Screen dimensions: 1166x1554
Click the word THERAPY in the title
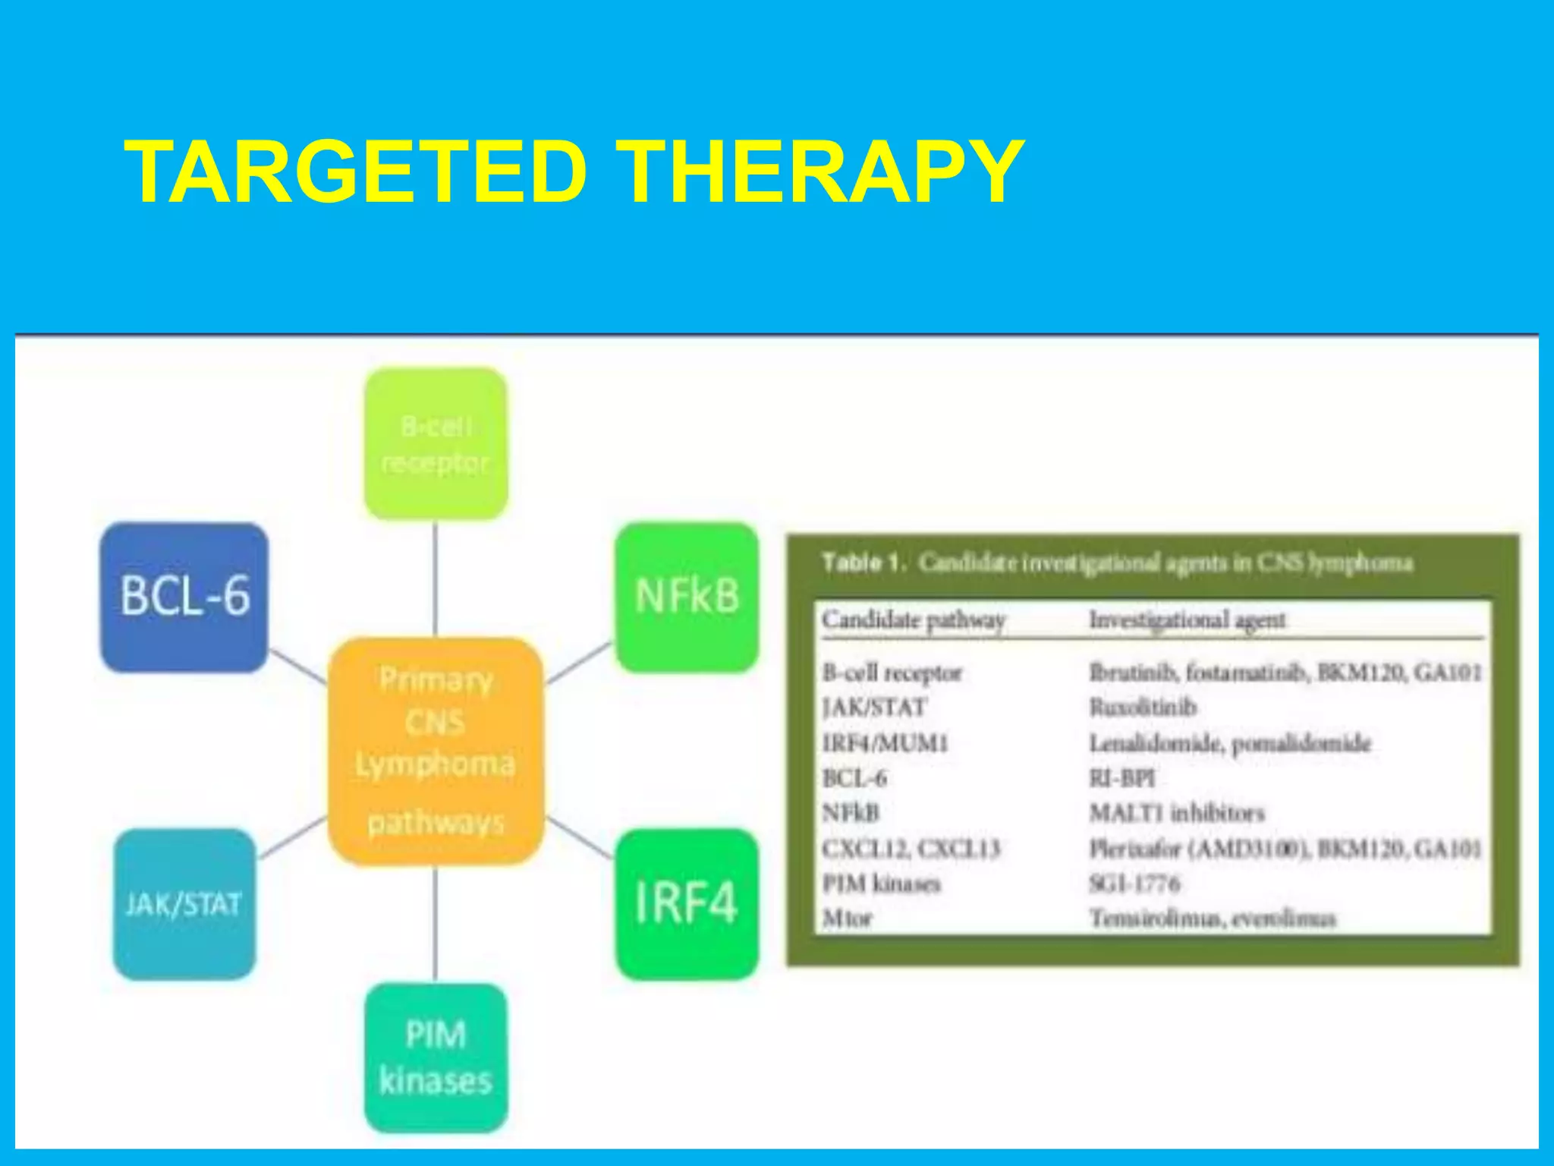(819, 172)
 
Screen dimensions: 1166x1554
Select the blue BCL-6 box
(184, 597)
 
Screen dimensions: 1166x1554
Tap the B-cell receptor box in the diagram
(436, 444)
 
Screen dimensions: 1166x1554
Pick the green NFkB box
(687, 597)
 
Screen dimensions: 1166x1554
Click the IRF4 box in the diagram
(687, 903)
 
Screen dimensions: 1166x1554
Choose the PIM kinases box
(436, 1057)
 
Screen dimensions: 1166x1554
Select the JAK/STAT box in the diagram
(184, 903)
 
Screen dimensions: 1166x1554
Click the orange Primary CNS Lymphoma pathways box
(436, 751)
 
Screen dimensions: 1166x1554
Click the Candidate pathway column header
(914, 620)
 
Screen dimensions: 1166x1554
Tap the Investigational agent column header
(1188, 620)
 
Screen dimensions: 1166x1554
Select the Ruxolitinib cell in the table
(1143, 707)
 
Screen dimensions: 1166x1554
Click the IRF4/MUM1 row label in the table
(886, 743)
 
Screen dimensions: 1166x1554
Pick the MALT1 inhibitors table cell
(1177, 813)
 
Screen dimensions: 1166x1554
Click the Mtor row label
(848, 919)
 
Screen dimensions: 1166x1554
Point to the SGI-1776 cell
(1134, 884)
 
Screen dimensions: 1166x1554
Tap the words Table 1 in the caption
(864, 563)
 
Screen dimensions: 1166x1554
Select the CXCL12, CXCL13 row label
(911, 849)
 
